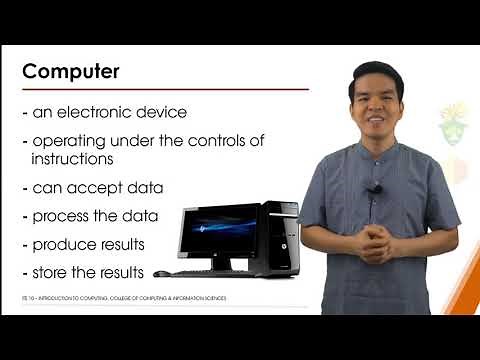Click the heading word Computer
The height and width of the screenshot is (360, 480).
[71, 72]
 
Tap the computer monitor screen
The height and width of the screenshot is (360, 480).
[216, 231]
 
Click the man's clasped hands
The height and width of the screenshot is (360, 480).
[377, 241]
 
